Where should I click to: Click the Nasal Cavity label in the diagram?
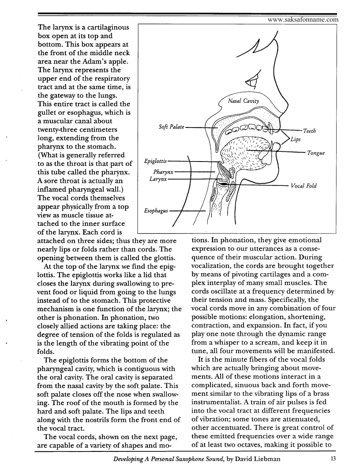244,101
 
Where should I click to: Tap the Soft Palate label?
171,127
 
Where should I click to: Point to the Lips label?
296,139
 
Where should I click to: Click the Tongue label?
316,153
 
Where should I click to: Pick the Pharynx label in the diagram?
163,171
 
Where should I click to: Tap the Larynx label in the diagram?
158,179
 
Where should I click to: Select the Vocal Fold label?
304,186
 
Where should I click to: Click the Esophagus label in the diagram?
156,211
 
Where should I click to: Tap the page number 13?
333,459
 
